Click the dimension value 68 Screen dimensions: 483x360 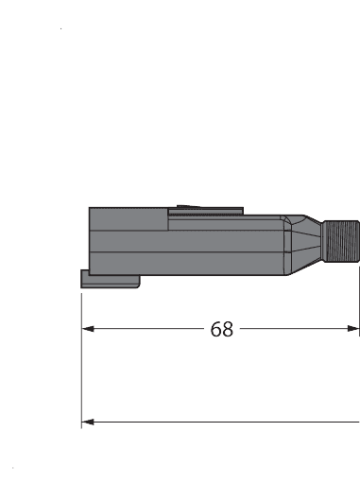222,329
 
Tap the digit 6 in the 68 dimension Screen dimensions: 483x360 215,329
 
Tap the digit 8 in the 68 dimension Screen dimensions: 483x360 228,329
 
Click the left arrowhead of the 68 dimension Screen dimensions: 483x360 89,329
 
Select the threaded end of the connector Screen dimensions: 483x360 340,245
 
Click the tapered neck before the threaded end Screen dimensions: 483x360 308,245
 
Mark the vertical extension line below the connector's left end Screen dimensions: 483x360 82,359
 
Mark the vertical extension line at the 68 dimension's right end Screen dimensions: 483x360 359,302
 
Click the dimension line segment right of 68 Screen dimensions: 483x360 293,329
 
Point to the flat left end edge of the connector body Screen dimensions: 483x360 89,241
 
